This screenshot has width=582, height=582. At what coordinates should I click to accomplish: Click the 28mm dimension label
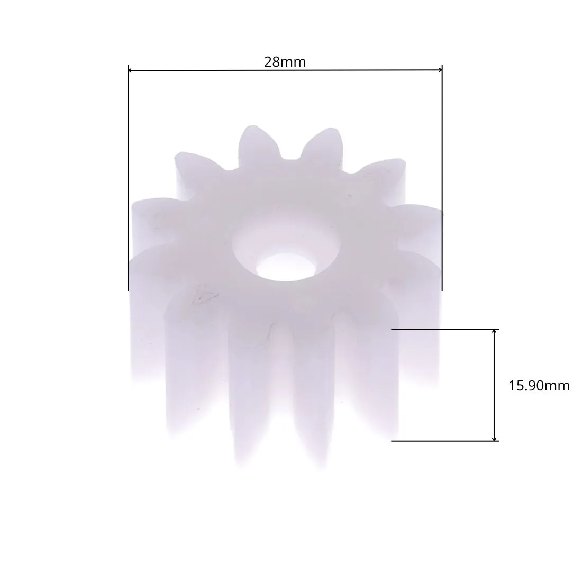tap(285, 62)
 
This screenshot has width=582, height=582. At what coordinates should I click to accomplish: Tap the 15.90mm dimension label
tap(539, 386)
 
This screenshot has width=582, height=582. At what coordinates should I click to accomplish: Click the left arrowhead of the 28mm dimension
tap(131, 70)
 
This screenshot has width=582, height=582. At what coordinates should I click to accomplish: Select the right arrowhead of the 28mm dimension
tap(440, 70)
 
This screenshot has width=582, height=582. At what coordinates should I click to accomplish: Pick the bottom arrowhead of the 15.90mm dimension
tap(494, 438)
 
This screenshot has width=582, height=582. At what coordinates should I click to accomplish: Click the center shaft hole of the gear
tap(285, 267)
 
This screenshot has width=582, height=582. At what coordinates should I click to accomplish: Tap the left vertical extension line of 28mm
tap(128, 178)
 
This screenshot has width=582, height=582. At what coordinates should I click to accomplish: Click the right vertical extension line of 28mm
tap(442, 178)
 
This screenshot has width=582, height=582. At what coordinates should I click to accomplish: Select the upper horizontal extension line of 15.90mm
tap(445, 329)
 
